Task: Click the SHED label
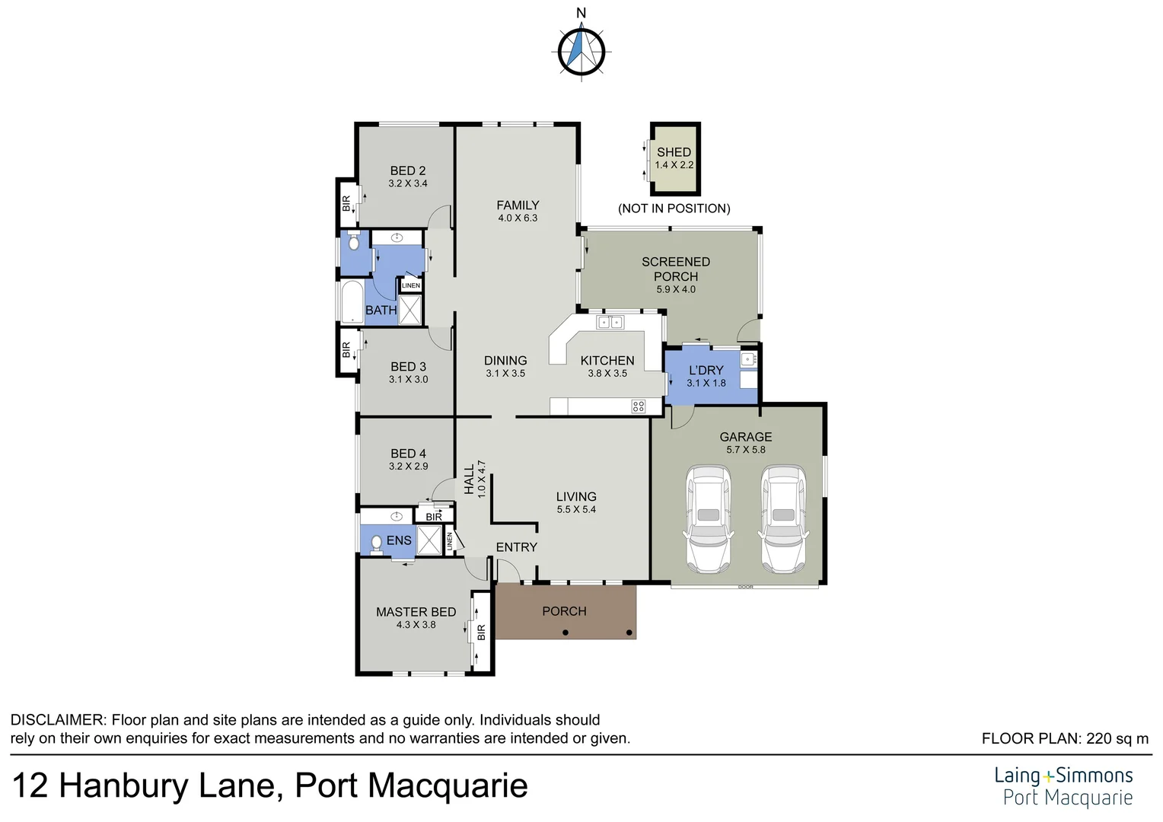point(674,152)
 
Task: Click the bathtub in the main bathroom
point(352,303)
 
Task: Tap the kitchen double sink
point(610,322)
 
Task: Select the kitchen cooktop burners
point(638,406)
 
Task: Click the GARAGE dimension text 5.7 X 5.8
point(746,450)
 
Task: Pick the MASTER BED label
point(416,612)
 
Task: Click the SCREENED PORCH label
point(675,269)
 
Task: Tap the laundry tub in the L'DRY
point(747,358)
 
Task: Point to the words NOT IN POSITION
point(674,209)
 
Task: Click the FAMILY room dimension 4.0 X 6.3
point(518,218)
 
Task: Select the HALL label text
point(469,479)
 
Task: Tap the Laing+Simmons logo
point(1063,785)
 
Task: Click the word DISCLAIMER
point(57,720)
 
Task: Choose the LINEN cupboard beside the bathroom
point(411,285)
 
